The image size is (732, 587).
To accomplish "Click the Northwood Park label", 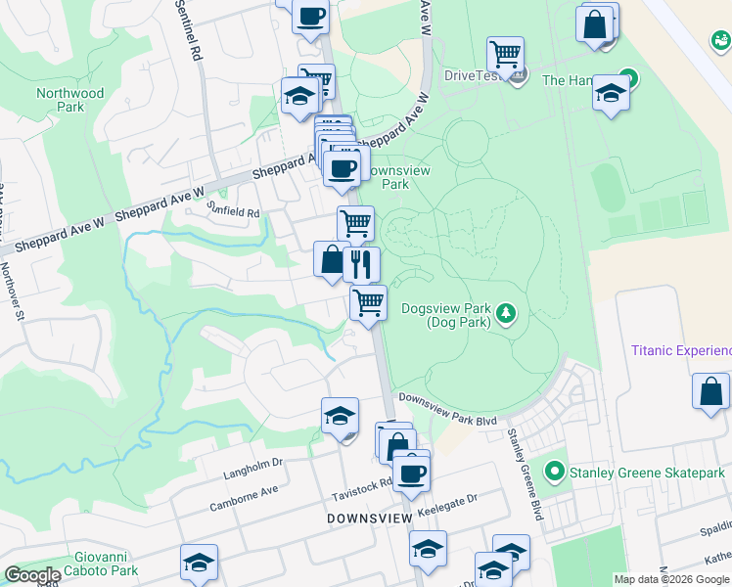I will pos(69,100).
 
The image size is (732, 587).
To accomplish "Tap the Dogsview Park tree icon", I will pos(506,313).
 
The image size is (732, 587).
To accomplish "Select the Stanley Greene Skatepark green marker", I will pos(555,473).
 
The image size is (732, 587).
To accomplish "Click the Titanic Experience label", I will pos(681,350).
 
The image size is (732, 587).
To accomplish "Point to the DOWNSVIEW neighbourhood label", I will pos(368,518).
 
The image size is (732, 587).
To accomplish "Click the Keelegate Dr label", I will pos(446,499).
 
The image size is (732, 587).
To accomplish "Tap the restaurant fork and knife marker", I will pos(361,263).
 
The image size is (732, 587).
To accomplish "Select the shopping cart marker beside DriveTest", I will pos(505,53).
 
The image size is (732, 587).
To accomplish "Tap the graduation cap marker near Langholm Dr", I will pos(340,415).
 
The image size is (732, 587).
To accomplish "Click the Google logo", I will pos(32,575).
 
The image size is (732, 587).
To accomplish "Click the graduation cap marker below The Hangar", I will pos(611,93).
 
